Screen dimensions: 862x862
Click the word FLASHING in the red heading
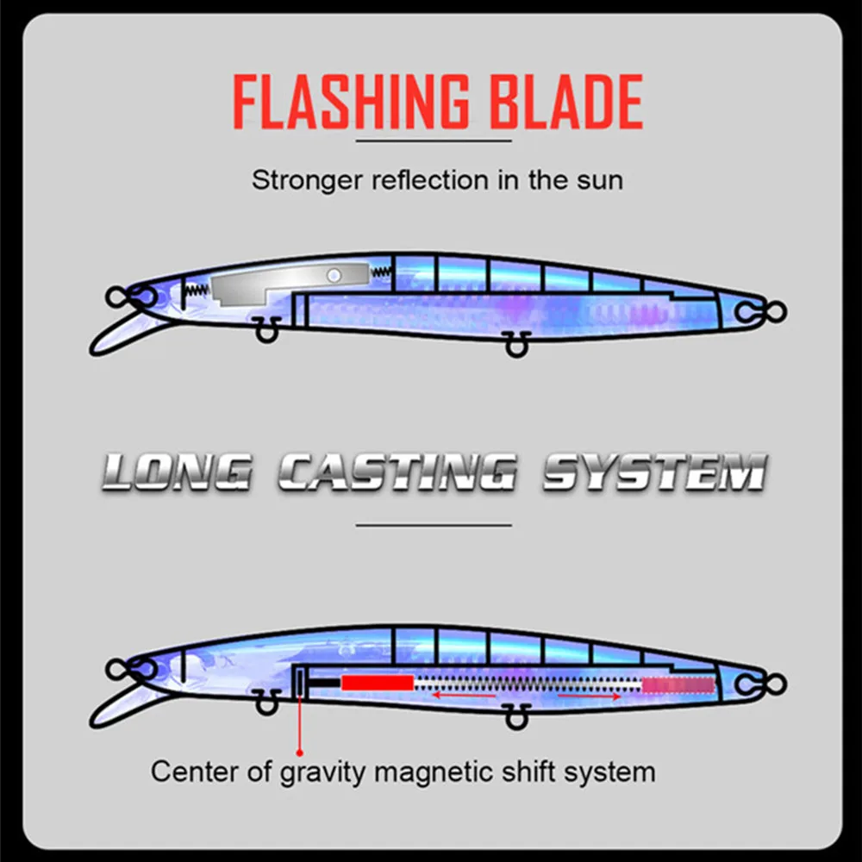[345, 103]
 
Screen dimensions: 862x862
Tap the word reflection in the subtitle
[416, 180]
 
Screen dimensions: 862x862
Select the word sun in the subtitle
[599, 180]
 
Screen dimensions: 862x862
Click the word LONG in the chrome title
[177, 472]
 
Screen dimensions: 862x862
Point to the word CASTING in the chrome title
[397, 472]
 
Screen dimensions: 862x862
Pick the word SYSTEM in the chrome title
[653, 472]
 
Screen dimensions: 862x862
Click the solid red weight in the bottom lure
[377, 683]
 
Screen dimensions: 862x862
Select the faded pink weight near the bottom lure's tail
[678, 685]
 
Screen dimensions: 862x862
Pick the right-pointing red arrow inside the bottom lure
[590, 696]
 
